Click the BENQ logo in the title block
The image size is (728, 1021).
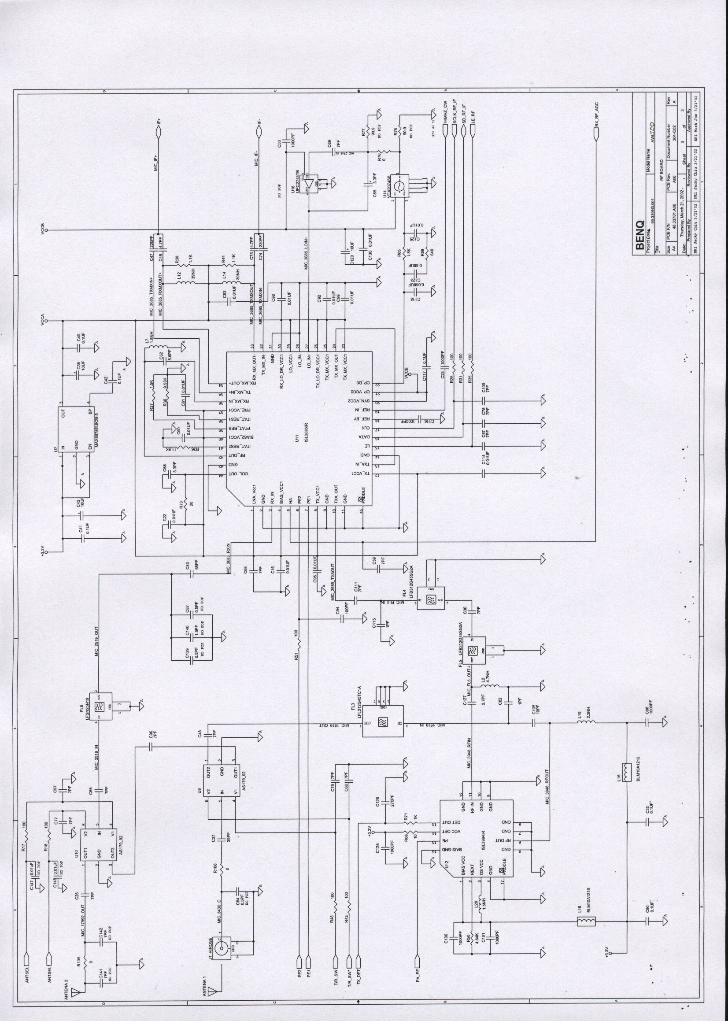[639, 236]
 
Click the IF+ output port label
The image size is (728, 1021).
[159, 123]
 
